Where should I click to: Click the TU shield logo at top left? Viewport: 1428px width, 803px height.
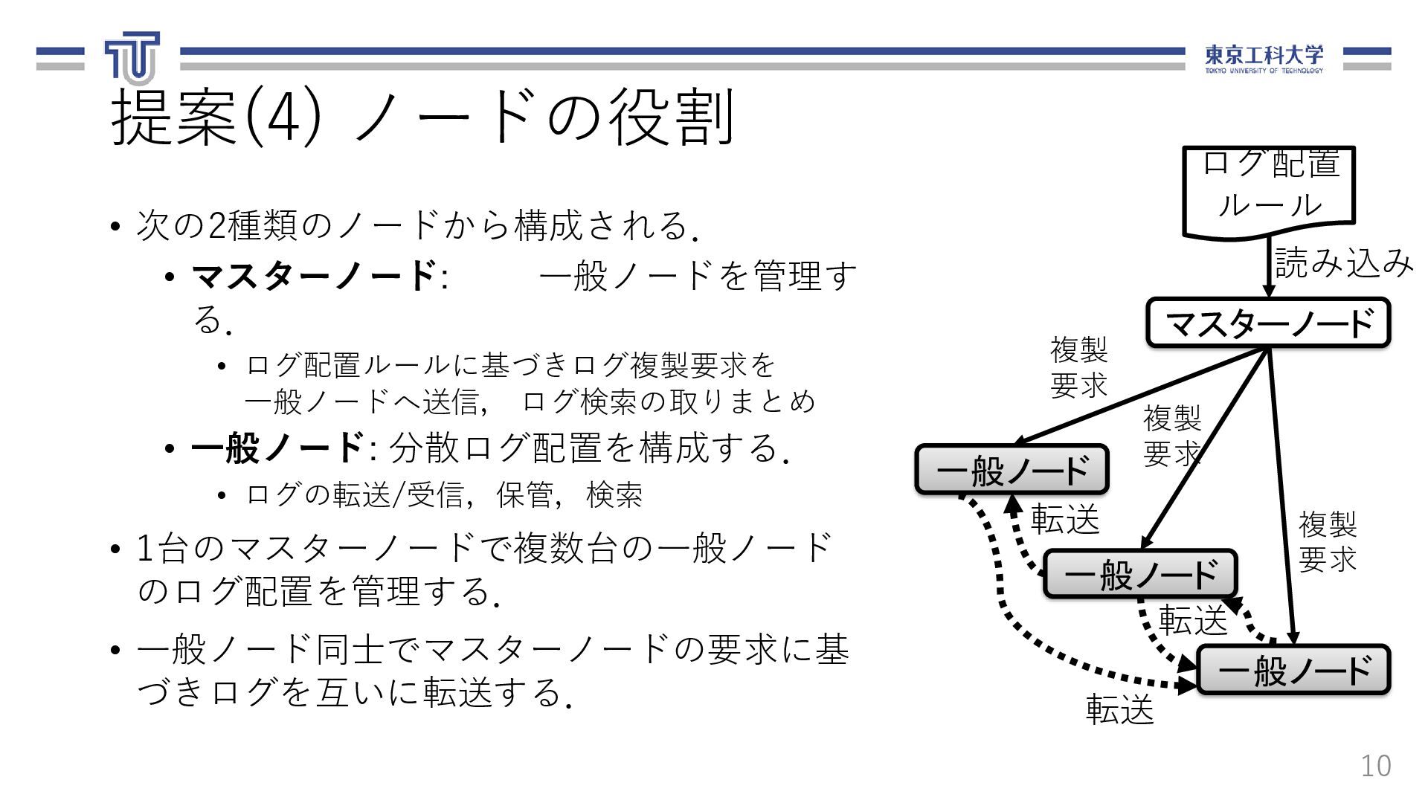point(132,57)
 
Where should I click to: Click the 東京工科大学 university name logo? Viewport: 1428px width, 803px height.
point(1264,58)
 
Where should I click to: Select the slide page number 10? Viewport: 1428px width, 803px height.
point(1375,766)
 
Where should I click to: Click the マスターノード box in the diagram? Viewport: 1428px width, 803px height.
point(1268,323)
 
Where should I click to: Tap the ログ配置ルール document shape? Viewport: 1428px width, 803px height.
point(1269,190)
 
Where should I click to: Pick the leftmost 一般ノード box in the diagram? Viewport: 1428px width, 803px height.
point(1011,470)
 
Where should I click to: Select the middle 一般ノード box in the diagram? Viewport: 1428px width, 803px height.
point(1139,574)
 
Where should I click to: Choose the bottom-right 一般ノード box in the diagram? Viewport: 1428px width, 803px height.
point(1293,670)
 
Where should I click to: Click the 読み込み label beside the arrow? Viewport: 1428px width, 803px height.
point(1343,262)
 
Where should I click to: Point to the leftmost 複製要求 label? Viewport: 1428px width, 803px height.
point(1078,367)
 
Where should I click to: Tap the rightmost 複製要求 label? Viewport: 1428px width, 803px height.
point(1327,541)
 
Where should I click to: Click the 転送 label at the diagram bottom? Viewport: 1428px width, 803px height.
point(1119,709)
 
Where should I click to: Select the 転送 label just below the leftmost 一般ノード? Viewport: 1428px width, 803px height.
point(1064,519)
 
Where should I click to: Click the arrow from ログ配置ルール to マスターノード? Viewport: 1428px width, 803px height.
point(1270,268)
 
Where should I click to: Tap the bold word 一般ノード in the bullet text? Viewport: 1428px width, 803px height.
point(277,448)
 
